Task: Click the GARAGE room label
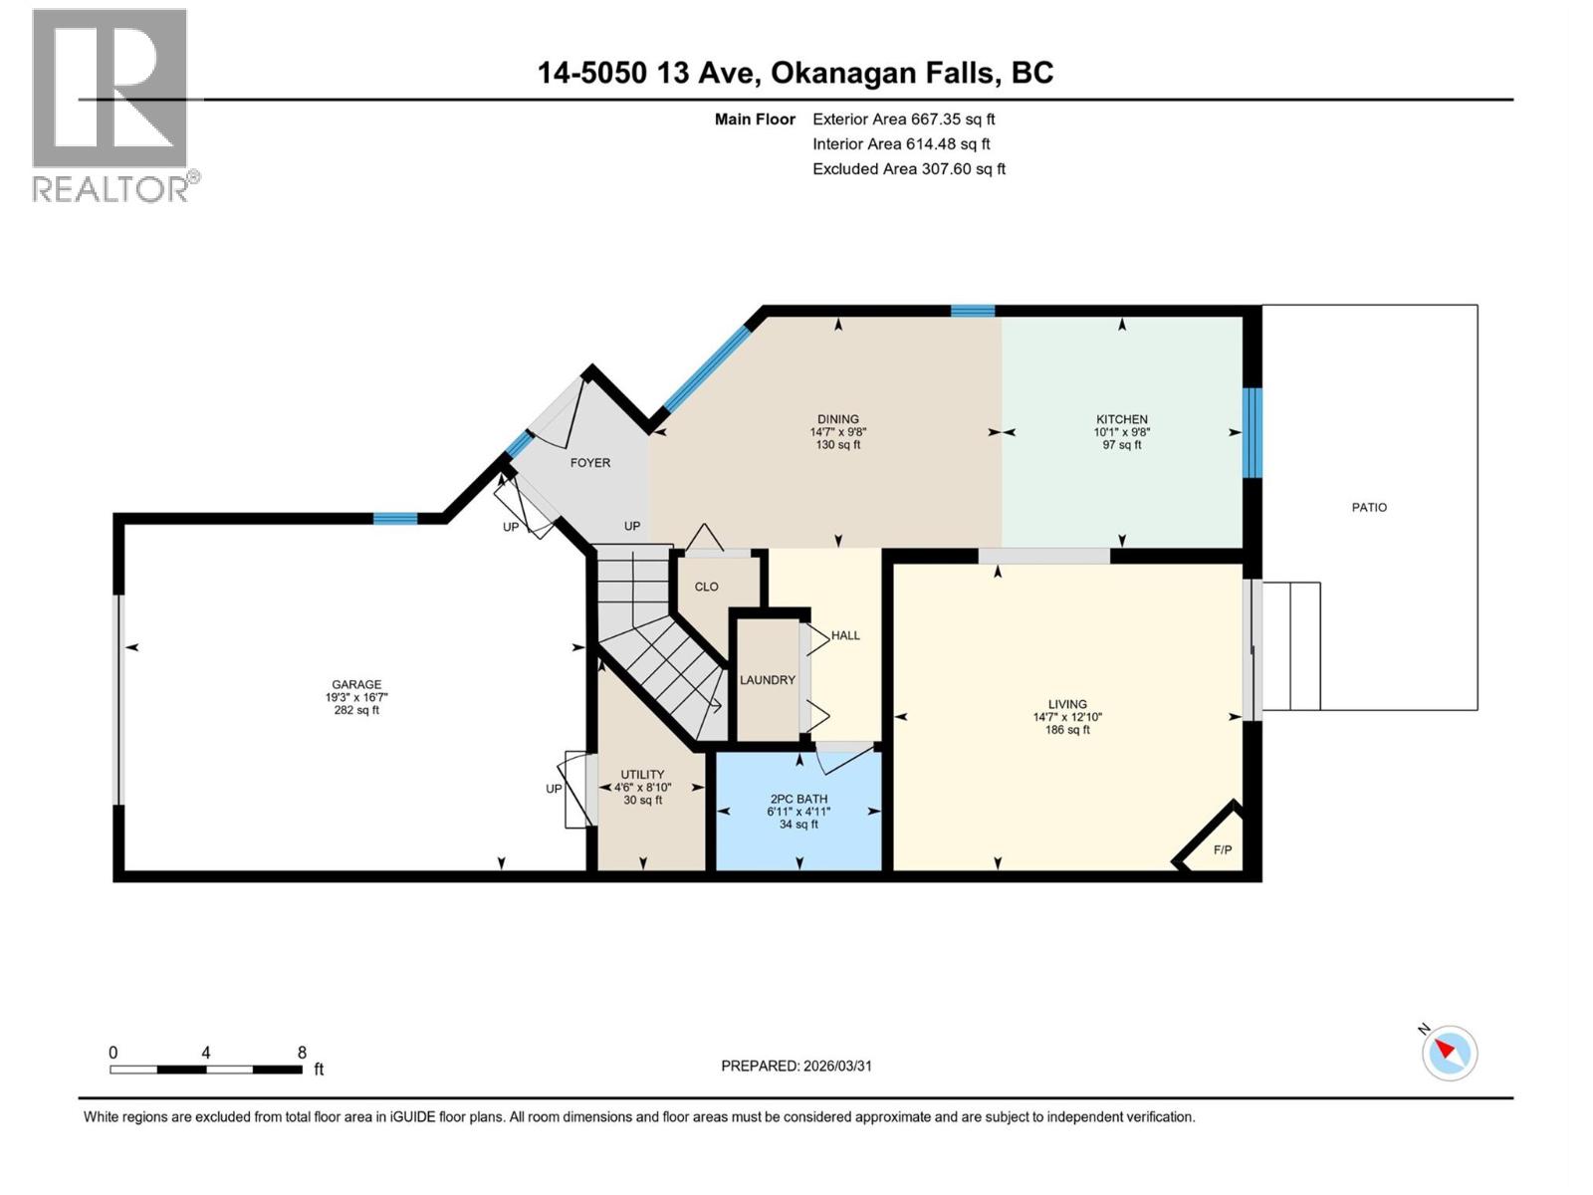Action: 356,684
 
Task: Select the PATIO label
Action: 1369,507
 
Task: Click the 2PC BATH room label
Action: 798,799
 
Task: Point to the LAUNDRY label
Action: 767,680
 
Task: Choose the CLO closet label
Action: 706,587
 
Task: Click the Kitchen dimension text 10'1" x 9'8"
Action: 1122,432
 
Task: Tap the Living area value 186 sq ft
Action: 1067,730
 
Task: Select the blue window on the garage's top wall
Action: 395,518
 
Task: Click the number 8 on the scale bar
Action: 302,1053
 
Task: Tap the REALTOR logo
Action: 111,105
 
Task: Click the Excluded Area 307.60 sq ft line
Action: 908,169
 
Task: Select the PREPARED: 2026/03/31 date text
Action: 796,1066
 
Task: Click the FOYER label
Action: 590,463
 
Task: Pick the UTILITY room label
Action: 642,775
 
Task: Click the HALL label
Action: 845,635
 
